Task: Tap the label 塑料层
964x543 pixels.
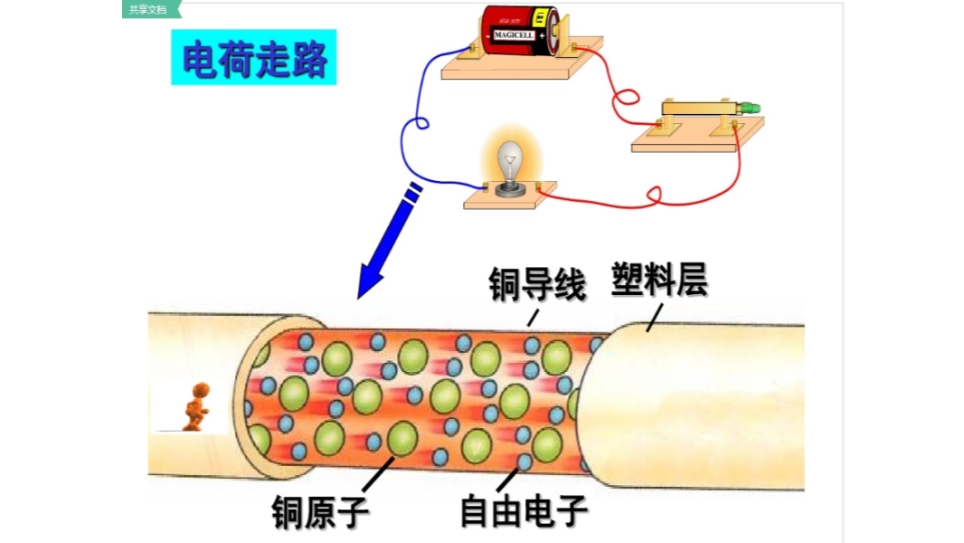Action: point(659,280)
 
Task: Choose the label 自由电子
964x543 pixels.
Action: point(524,511)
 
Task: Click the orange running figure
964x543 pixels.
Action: point(194,407)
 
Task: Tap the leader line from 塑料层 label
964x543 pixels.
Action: point(654,317)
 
